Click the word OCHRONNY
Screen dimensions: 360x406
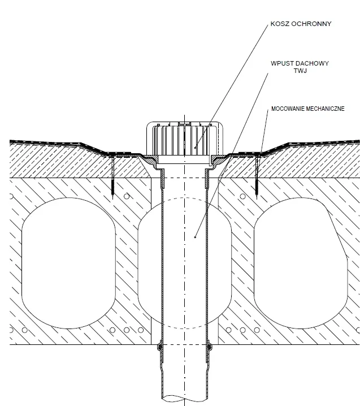coord(311,24)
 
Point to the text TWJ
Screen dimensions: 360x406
coord(300,71)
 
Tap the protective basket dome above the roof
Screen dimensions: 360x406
coord(185,139)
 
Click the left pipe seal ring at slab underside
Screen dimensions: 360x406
coord(160,346)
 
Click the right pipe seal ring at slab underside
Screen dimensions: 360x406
coord(209,346)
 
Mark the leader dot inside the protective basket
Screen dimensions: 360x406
coord(195,148)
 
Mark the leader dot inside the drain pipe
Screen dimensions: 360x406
coord(195,237)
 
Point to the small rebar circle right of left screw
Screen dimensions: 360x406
coord(127,196)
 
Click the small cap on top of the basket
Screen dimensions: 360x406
coord(185,123)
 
